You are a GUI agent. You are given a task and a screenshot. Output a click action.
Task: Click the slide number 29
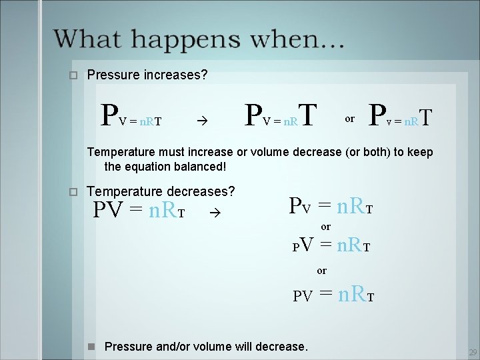pos(473,351)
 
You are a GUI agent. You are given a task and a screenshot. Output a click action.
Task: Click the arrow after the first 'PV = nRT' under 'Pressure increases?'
pos(202,121)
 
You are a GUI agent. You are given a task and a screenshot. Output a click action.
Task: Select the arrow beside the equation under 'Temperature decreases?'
pos(213,214)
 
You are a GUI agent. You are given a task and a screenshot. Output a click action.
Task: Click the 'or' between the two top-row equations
pos(349,119)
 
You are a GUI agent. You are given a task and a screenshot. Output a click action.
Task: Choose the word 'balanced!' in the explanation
pos(201,165)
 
